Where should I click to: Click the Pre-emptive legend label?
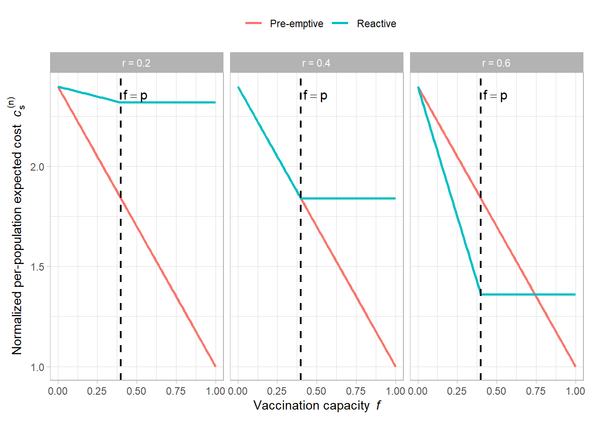click(296, 24)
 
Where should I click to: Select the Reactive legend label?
click(376, 24)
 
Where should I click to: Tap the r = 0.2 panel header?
click(137, 63)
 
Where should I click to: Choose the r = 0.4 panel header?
click(317, 63)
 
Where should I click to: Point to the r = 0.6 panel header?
click(496, 63)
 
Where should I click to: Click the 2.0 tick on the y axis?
click(37, 167)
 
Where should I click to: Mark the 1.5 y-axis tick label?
click(37, 267)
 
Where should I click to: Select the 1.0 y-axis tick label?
click(37, 367)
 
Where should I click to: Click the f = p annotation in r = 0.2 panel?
click(135, 96)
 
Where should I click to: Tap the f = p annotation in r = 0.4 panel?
click(315, 96)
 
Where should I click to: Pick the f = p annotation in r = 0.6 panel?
click(495, 96)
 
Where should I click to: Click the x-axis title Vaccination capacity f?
click(317, 406)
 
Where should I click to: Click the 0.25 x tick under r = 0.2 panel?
click(97, 391)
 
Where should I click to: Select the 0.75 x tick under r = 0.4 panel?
click(356, 391)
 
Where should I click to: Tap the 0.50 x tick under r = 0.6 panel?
click(496, 391)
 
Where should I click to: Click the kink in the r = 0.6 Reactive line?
click(481, 294)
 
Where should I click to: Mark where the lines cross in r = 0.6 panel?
click(536, 294)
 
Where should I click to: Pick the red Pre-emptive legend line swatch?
click(253, 23)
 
